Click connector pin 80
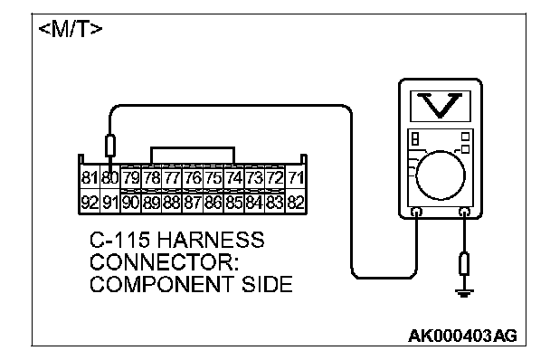point(110,177)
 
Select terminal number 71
point(296,177)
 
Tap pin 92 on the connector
point(90,203)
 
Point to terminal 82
point(296,203)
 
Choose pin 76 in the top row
point(193,177)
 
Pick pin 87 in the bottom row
point(193,203)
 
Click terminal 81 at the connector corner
point(90,177)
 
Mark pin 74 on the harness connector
point(234,177)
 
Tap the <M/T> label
point(71,30)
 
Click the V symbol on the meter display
point(441,105)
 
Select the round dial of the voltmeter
point(441,175)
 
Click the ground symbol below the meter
point(464,293)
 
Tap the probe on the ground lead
point(464,263)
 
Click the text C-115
point(120,240)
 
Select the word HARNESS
point(210,240)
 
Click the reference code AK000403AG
point(462,336)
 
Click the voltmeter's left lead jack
point(417,212)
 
